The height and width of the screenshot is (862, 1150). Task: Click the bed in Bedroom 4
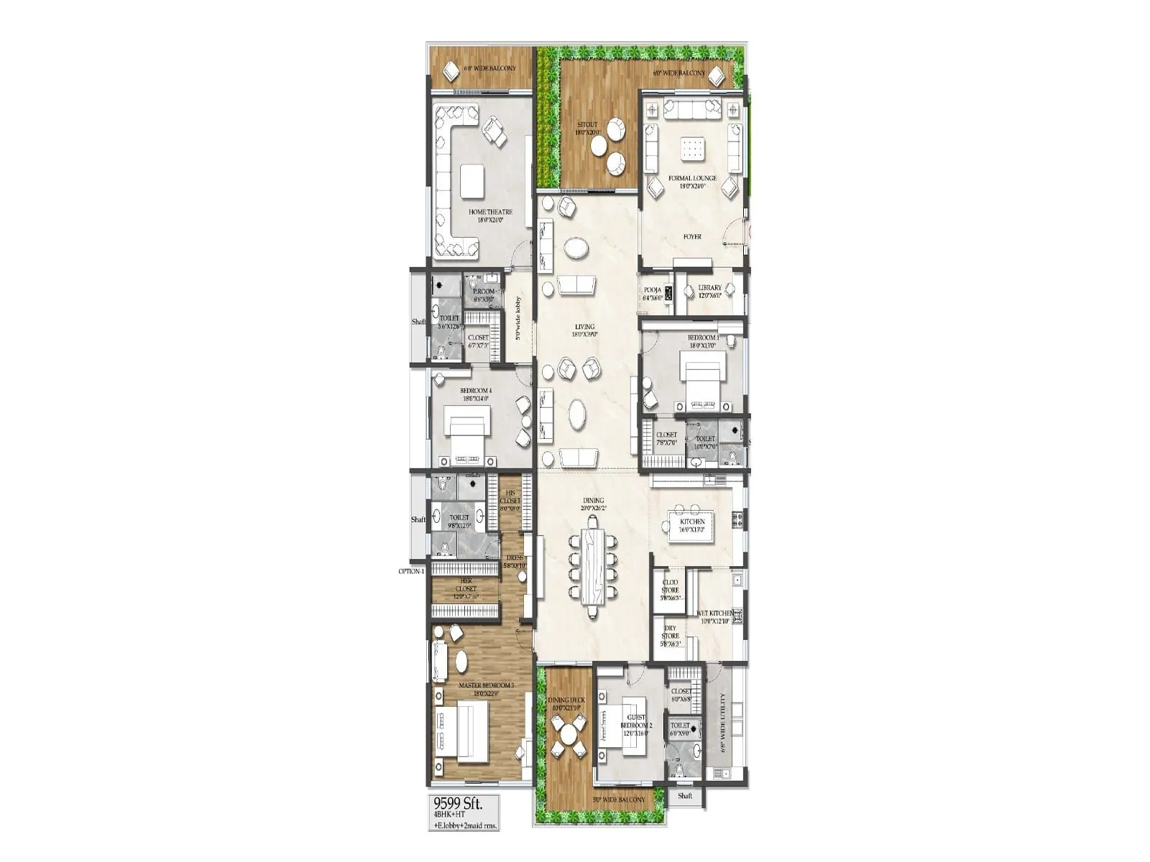click(x=467, y=431)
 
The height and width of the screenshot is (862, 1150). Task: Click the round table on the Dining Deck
click(x=568, y=735)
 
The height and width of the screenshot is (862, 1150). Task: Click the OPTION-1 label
click(x=412, y=571)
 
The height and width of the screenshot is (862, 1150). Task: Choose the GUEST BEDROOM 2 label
click(x=636, y=721)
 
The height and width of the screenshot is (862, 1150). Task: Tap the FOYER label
click(x=691, y=236)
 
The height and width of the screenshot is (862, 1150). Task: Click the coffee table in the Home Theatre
click(x=472, y=181)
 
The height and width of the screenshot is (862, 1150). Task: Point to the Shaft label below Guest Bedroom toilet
click(x=685, y=795)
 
